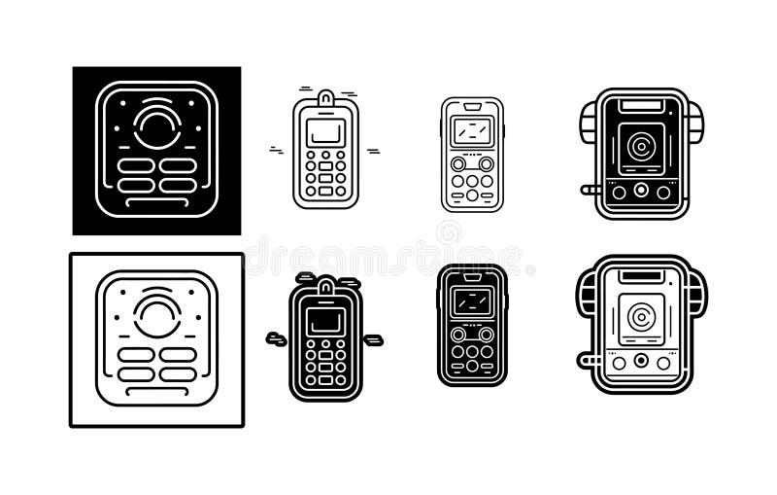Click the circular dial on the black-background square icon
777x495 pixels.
tap(156, 126)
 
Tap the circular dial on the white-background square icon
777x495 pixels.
tap(156, 317)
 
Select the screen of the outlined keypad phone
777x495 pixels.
tap(325, 131)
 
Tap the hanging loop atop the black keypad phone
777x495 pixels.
tap(325, 285)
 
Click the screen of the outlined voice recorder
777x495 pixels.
tap(472, 129)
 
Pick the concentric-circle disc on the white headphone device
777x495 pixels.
tap(639, 317)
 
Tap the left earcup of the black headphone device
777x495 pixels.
tap(589, 124)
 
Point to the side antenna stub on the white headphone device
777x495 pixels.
tap(588, 360)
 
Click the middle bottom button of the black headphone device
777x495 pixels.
tap(641, 192)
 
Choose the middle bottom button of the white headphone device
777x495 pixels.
tap(641, 362)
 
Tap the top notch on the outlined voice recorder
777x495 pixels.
tap(472, 103)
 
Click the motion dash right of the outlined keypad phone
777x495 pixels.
tap(373, 151)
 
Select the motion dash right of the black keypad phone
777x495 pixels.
tap(373, 340)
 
